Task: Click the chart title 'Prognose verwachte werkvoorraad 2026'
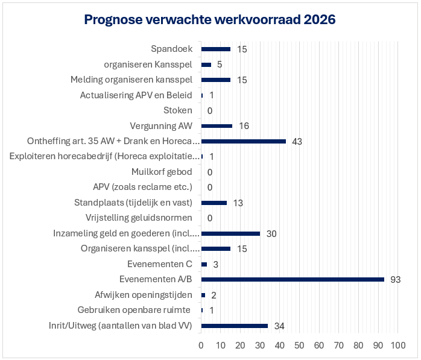coord(210,20)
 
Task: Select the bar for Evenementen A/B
coord(293,279)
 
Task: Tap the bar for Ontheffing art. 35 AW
coord(243,141)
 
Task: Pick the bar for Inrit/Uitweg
coord(234,326)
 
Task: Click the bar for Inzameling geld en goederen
coord(230,233)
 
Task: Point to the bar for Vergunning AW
coord(217,126)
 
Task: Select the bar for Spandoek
coord(215,49)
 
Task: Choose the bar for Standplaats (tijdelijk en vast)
coord(214,203)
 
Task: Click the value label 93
coord(395,280)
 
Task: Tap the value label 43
coord(296,142)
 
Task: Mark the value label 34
coord(279,326)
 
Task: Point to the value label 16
coord(244,126)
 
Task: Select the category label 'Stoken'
coord(178,110)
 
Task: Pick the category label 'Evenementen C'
coord(160,264)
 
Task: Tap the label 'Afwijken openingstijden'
coord(144,295)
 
